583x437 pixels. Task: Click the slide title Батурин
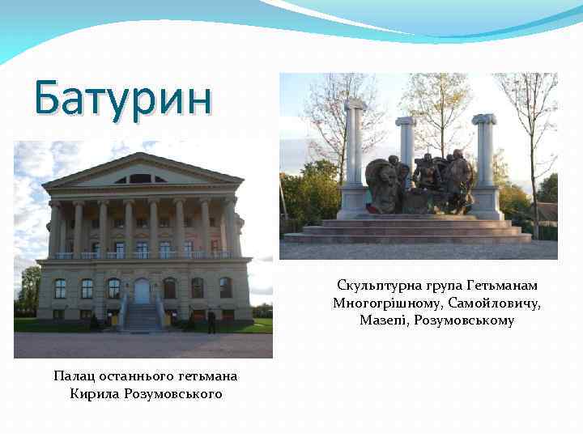[123, 99]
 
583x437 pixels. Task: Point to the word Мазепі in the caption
[385, 321]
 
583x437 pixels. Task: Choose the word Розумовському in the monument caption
[470, 321]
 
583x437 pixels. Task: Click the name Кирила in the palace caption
[97, 394]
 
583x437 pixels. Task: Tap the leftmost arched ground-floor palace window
[61, 288]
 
